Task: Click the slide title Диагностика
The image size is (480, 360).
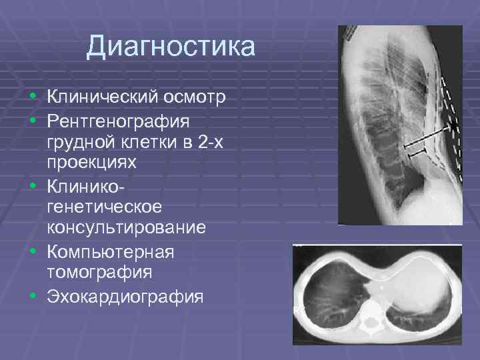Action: (x=170, y=47)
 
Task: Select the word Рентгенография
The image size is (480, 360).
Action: (x=118, y=121)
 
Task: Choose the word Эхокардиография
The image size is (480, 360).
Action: (x=125, y=295)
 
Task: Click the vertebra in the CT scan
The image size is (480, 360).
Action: (x=368, y=325)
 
